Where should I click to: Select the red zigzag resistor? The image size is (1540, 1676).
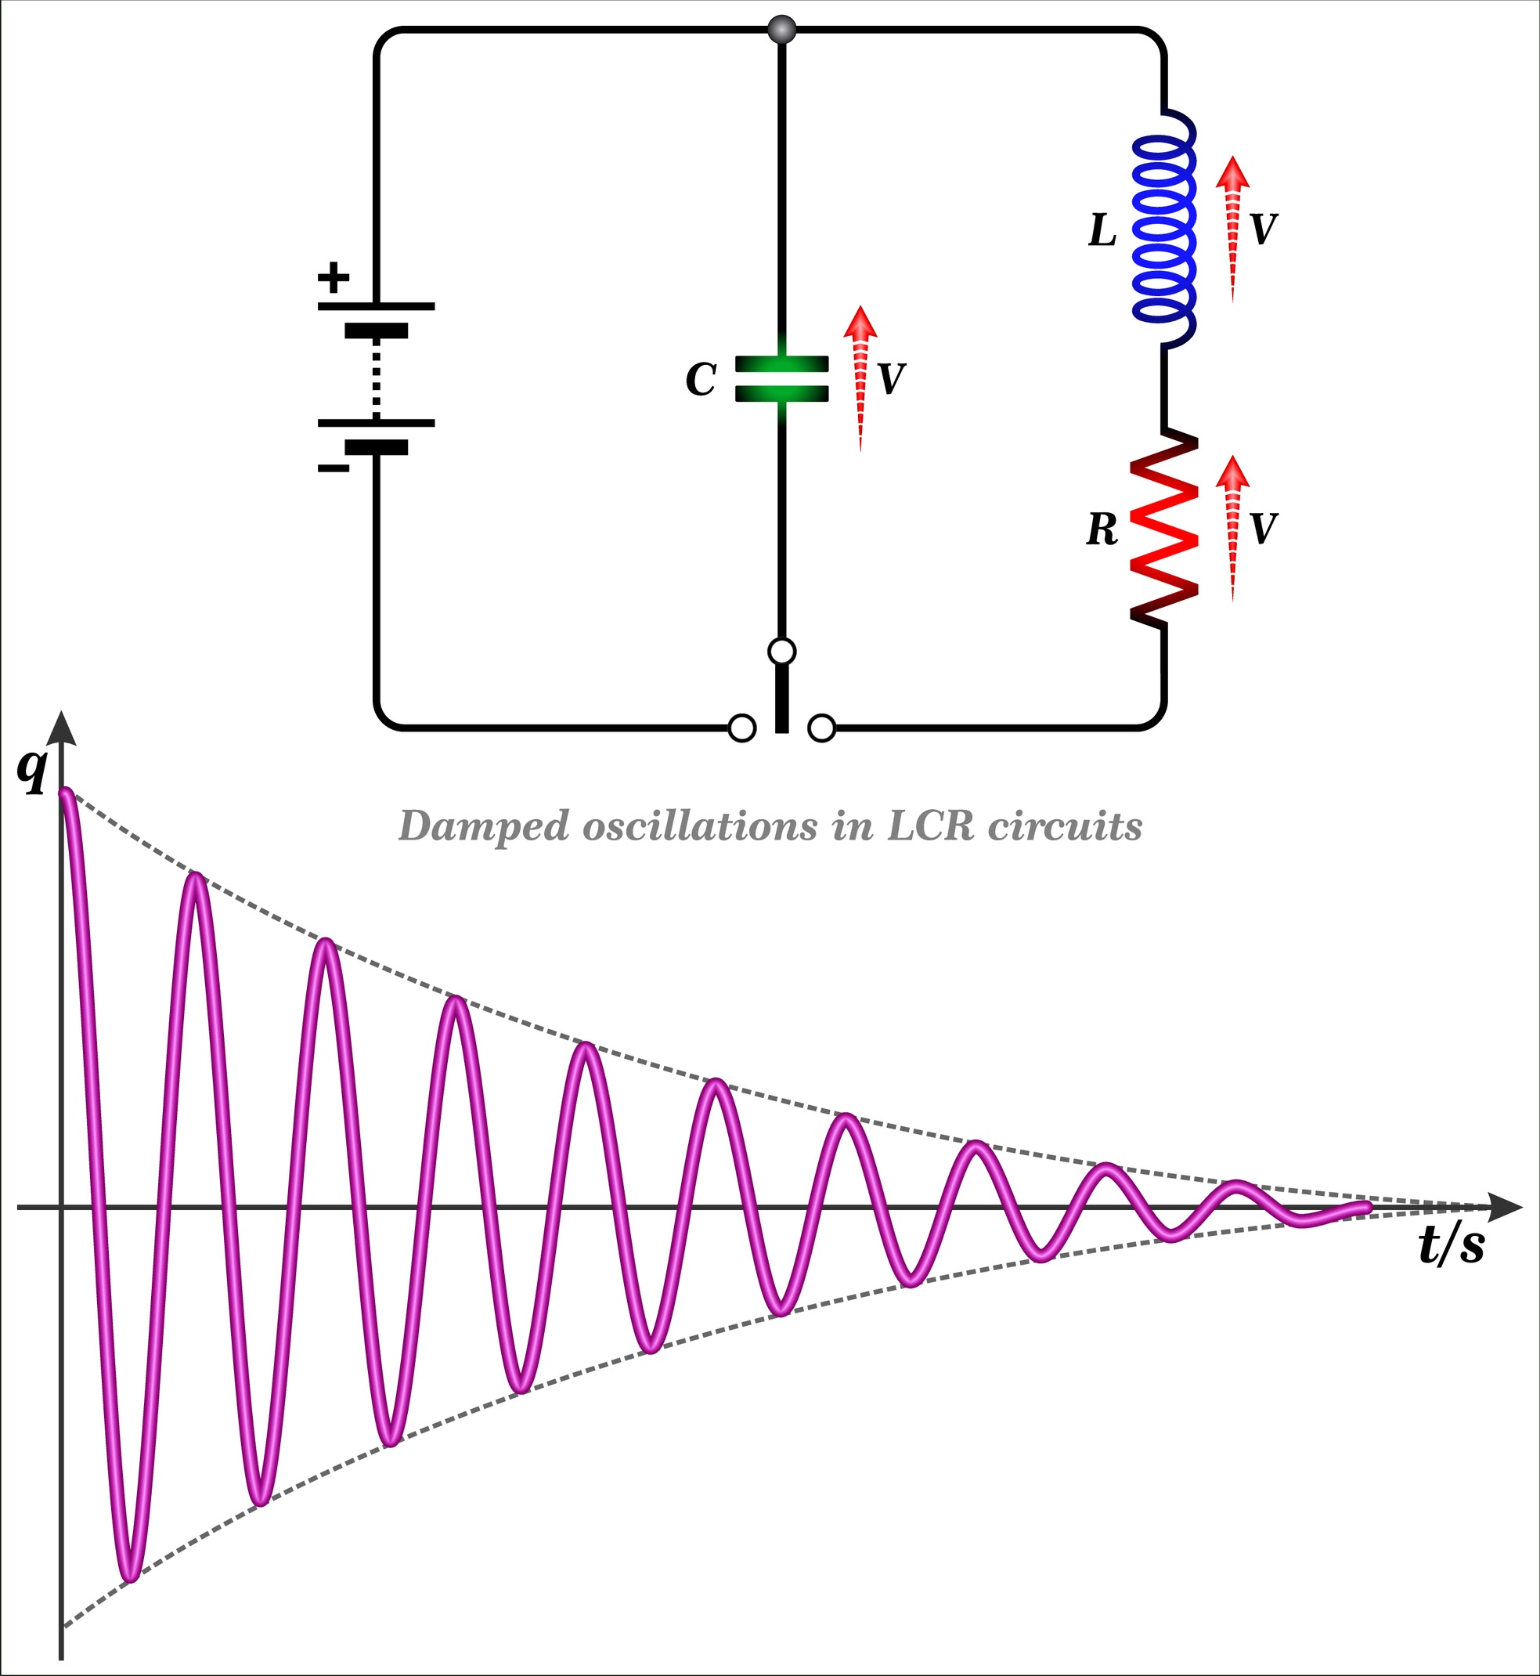(1164, 529)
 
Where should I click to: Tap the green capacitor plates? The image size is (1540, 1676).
(781, 378)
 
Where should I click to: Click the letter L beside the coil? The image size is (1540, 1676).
(1102, 231)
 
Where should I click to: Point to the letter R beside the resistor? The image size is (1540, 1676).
(1102, 530)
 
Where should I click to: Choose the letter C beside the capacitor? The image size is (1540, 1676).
(700, 380)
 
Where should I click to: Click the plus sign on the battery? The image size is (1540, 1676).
(334, 277)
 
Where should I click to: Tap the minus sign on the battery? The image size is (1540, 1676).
(334, 468)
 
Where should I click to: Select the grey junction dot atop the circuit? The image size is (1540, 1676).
(781, 30)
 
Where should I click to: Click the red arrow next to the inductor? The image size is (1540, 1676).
(1232, 225)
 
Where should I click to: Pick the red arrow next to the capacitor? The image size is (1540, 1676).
(860, 375)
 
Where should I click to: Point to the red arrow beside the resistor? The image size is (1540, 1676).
(1232, 525)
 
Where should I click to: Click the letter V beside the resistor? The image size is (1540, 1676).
(1264, 529)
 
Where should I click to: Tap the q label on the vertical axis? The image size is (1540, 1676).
(31, 770)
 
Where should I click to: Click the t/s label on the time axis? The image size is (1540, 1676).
(1451, 1248)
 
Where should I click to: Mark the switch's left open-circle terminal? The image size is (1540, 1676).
(741, 728)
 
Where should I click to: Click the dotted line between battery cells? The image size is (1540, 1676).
(376, 379)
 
